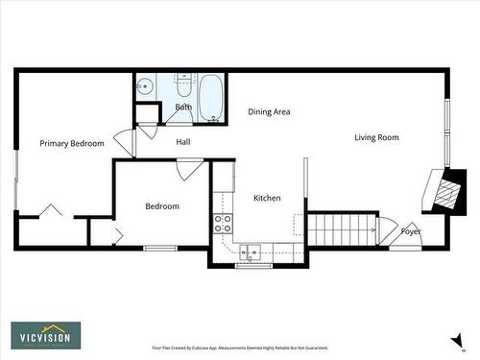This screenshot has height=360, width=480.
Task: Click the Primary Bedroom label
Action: [71, 143]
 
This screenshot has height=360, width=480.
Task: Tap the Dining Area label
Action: [269, 112]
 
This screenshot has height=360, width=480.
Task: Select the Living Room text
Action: [376, 137]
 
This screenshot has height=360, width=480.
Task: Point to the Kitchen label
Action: [267, 198]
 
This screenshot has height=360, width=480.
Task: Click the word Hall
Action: [185, 142]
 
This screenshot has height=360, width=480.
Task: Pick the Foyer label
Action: [411, 231]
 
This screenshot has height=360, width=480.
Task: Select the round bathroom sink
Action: [145, 86]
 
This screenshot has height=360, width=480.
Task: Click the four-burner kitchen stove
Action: [223, 224]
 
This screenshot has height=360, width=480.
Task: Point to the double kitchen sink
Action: [250, 253]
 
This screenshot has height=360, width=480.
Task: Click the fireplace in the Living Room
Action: [444, 190]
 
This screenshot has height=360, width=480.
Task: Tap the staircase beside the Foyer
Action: [339, 228]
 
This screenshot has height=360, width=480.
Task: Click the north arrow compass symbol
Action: [449, 337]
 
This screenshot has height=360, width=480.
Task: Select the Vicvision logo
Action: [46, 335]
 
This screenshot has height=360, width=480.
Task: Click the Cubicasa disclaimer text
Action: [240, 348]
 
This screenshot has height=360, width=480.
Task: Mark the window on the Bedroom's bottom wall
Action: [160, 249]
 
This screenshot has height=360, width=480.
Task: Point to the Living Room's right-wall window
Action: [446, 131]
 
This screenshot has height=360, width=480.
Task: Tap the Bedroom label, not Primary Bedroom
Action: [162, 206]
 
